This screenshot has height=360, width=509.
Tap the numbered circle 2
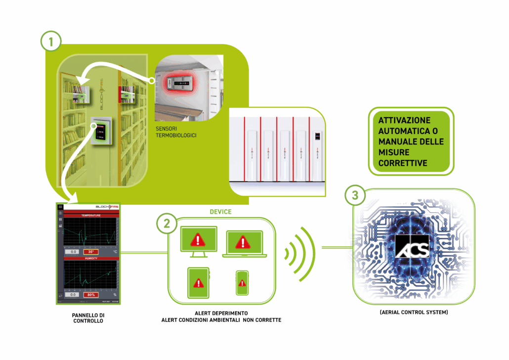point(168,224)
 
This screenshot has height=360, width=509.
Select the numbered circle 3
point(355,196)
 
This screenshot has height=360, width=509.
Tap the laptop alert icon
point(243,242)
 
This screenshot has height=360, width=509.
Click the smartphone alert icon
point(242,283)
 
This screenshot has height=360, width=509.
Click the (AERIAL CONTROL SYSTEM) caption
point(411,313)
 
